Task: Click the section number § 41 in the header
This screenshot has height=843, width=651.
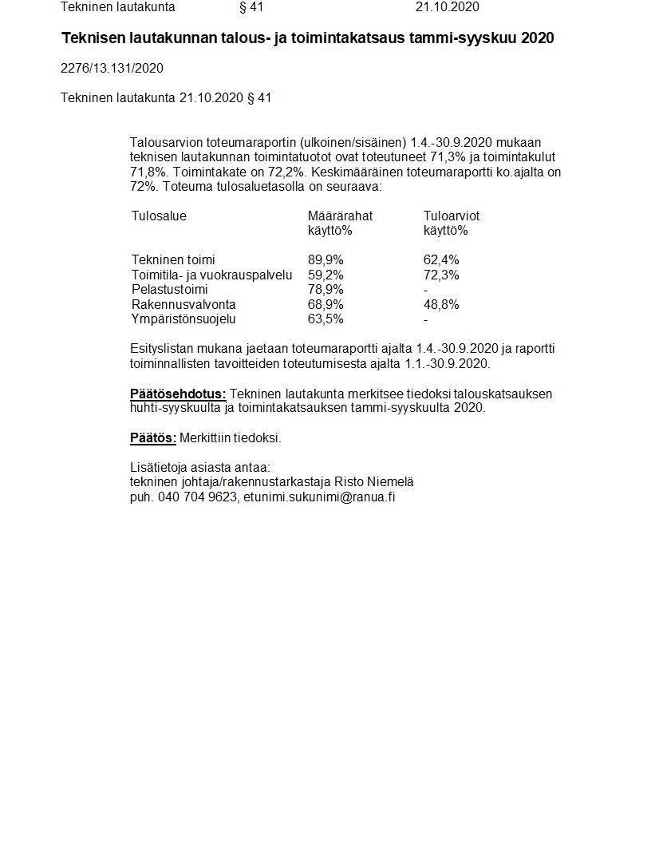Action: (x=251, y=7)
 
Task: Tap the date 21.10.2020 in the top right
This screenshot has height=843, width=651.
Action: (x=447, y=7)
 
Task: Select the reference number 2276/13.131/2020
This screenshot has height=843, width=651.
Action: (x=112, y=69)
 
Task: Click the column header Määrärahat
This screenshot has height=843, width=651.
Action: (x=340, y=216)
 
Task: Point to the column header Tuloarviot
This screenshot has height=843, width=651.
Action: (x=452, y=216)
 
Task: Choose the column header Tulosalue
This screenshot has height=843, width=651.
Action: (x=159, y=216)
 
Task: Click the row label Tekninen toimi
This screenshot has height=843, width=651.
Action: (x=173, y=260)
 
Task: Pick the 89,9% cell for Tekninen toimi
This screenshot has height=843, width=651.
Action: (x=325, y=260)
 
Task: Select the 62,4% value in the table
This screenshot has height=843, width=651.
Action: (x=441, y=260)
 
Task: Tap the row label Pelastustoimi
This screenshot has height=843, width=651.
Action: (x=169, y=290)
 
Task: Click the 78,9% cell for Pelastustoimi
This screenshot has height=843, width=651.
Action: (x=325, y=290)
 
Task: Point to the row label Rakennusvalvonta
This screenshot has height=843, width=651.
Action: (x=183, y=305)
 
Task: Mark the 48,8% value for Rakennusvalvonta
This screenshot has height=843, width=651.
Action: (x=441, y=305)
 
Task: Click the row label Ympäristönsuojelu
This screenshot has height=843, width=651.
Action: (x=183, y=320)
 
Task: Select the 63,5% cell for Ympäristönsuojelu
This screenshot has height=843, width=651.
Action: (x=325, y=320)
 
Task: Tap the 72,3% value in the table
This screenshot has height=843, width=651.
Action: (x=441, y=275)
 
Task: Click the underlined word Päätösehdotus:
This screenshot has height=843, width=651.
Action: (x=178, y=394)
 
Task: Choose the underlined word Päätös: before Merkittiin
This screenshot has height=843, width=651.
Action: (x=152, y=438)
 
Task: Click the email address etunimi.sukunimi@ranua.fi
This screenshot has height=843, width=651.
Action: (x=320, y=497)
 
